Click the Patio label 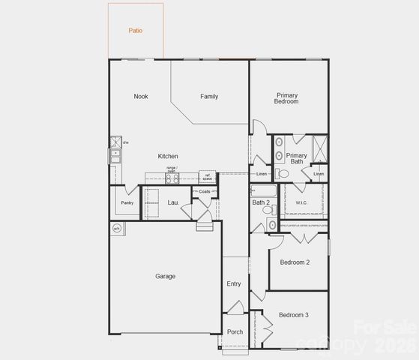click(x=135, y=31)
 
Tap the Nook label click(x=141, y=96)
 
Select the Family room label click(x=209, y=96)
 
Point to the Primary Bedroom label click(x=286, y=98)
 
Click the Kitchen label click(x=168, y=156)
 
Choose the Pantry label click(x=127, y=202)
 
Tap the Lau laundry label click(x=172, y=202)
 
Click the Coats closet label click(x=205, y=191)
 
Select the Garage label click(x=166, y=276)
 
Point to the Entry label click(x=234, y=283)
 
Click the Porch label click(x=235, y=331)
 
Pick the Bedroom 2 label click(x=295, y=262)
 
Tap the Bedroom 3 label click(x=295, y=315)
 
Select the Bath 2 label click(x=260, y=202)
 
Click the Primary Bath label click(x=297, y=157)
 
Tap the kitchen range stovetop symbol click(x=172, y=178)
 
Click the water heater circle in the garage click(x=117, y=228)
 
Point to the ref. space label click(x=207, y=178)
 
